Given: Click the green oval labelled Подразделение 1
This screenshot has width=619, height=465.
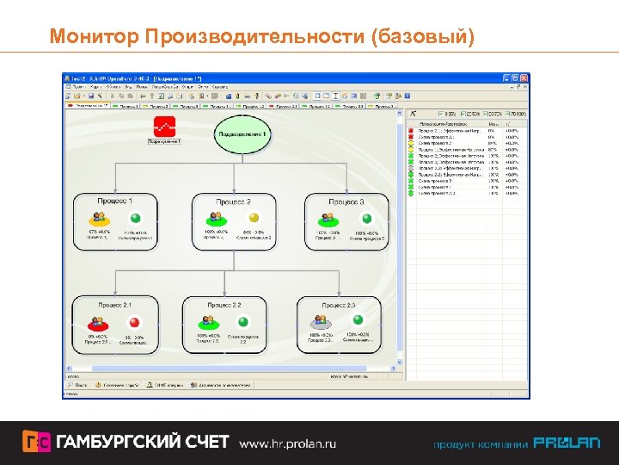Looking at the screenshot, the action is coord(242,135).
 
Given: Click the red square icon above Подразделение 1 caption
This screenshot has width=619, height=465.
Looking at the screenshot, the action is coord(163,127).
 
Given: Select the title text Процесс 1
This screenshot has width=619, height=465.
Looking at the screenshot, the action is coord(117,201).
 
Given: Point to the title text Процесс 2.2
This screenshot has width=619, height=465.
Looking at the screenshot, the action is coord(224,305).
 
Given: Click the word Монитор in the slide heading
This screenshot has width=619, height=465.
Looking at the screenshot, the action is coord(95,36).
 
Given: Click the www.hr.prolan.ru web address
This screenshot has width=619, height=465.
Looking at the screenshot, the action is coord(287,443).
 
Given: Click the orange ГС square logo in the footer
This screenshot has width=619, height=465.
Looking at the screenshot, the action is coord(36,442).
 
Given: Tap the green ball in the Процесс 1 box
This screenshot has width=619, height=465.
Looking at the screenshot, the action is coord(133,219).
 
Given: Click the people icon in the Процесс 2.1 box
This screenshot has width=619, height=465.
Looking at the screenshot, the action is coord(97,322).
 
